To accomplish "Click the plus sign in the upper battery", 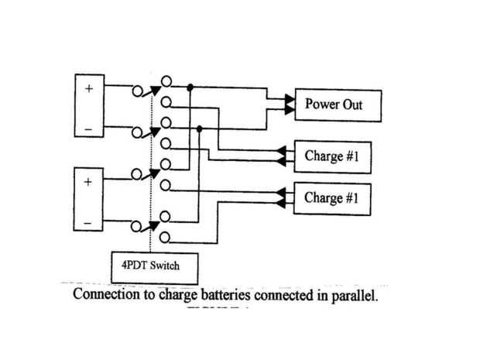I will click(x=88, y=88).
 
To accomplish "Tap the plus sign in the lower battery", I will click(x=88, y=183).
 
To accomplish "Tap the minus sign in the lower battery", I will click(x=88, y=224).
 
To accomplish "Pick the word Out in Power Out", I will click(x=351, y=104).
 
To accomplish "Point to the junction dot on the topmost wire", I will click(x=190, y=87).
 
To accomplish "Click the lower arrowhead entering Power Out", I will click(x=290, y=110).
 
